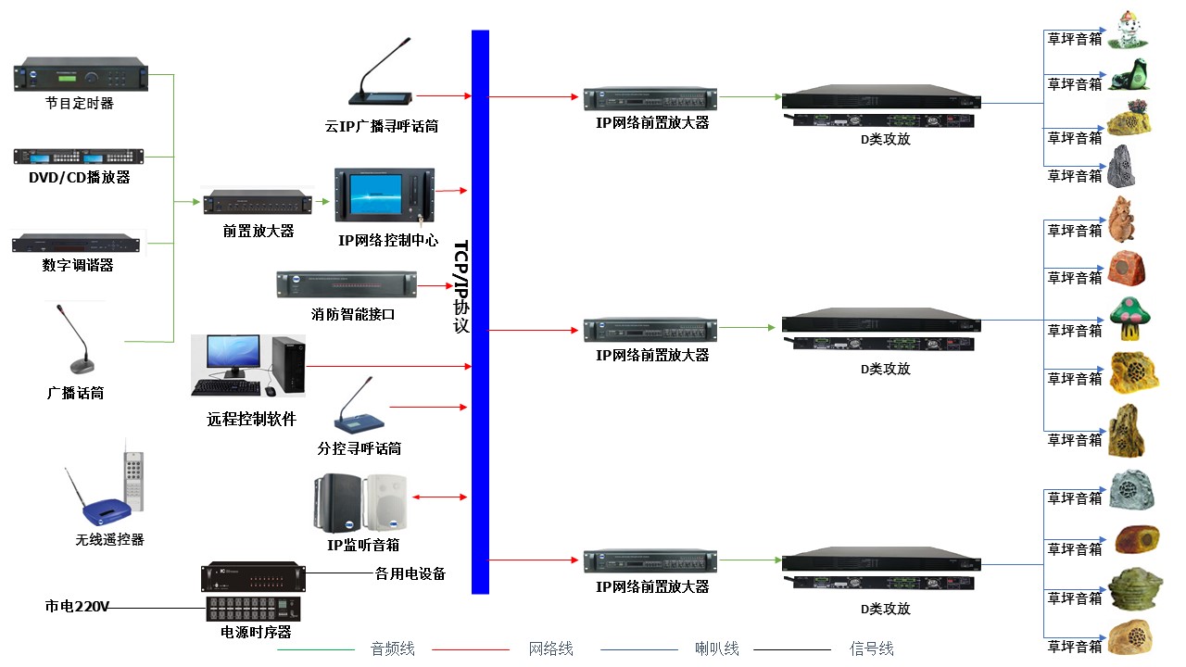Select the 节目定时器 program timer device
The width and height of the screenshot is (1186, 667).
pyautogui.click(x=81, y=75)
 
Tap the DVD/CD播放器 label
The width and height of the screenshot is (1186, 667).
pyautogui.click(x=79, y=177)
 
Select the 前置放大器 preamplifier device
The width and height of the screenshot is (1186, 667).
pyautogui.click(x=256, y=201)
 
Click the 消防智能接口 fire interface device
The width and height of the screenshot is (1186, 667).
pyautogui.click(x=346, y=284)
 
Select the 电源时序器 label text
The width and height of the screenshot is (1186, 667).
pyautogui.click(x=256, y=632)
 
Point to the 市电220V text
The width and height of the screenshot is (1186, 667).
pyautogui.click(x=77, y=608)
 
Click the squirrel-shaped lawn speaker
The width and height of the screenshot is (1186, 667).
pyautogui.click(x=1122, y=220)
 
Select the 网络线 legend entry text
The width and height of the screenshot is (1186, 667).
pyautogui.click(x=551, y=649)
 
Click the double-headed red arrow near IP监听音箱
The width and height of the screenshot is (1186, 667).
pyautogui.click(x=440, y=497)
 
